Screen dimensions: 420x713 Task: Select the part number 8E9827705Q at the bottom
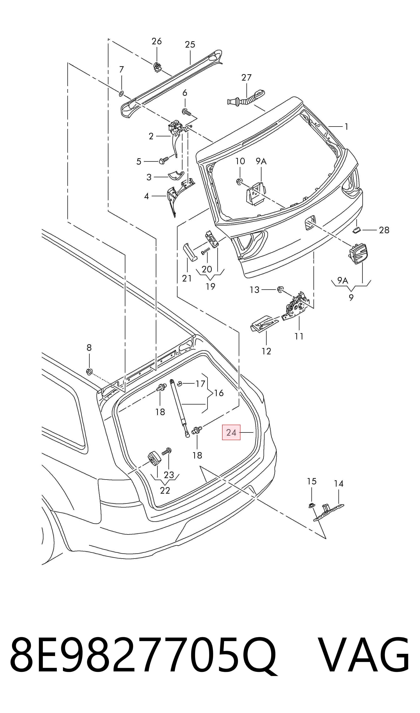coord(143,659)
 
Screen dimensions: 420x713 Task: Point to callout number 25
coord(190,44)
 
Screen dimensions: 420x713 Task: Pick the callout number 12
coord(266,351)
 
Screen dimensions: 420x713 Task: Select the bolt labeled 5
coord(164,160)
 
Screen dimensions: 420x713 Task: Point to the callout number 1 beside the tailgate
coord(346,127)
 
